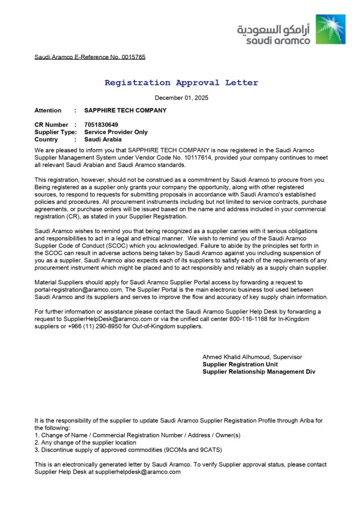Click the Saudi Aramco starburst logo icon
330,29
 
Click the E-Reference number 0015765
133,57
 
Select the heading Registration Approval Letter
181,83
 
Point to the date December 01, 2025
181,98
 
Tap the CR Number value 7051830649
101,124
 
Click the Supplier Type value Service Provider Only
116,132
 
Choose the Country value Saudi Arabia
103,140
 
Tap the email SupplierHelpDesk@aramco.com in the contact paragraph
108,319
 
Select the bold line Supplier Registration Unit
240,364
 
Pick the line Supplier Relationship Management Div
259,372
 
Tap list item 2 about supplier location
85,443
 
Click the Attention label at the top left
48,110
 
